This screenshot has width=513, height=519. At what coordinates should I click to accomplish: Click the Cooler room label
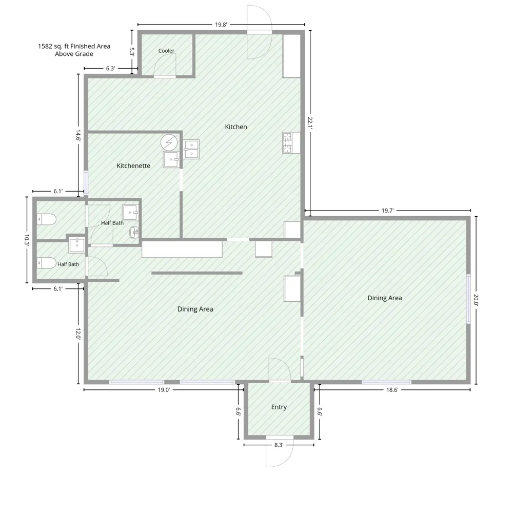point(166,51)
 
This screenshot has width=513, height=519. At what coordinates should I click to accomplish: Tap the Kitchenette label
point(133,165)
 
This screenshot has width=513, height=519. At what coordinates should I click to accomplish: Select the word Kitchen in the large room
point(235,127)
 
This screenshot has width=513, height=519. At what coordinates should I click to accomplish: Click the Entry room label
point(279,407)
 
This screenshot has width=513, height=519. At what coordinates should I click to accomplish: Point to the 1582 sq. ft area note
point(74,50)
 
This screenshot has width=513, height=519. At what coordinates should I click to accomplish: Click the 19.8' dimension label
point(221,25)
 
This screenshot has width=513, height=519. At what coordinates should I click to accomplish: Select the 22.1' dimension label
point(310,122)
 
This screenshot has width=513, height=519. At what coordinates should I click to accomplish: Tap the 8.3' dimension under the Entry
point(279,445)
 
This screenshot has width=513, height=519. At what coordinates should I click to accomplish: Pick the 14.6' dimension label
point(78,135)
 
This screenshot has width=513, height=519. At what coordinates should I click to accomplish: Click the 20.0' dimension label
point(476,300)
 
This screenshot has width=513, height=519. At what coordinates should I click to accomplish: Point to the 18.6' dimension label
point(392,390)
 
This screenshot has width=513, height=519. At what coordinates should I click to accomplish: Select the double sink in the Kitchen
point(191,149)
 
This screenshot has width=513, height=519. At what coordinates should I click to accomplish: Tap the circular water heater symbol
point(169,142)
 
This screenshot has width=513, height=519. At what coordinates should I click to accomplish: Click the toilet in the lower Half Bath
point(46,263)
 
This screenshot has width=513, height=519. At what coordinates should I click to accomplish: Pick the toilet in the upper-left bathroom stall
point(46,219)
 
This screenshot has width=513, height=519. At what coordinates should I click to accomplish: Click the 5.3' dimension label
point(132,52)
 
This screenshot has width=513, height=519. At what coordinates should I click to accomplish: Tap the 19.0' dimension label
point(163,390)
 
